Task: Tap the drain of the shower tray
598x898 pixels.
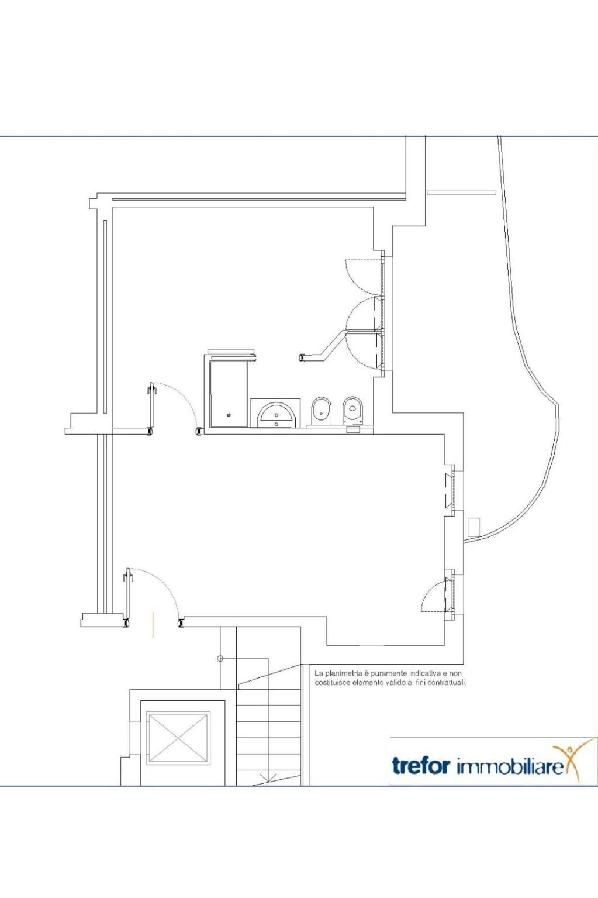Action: tap(229, 415)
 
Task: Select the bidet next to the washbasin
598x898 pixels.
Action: tap(322, 410)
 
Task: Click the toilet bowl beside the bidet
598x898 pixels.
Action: tap(353, 410)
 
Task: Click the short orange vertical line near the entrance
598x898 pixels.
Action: tap(153, 624)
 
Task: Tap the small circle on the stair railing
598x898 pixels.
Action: tap(219, 658)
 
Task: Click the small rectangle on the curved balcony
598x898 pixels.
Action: tap(474, 527)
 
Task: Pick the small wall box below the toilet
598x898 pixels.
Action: tap(353, 430)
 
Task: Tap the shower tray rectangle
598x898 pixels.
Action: tap(229, 394)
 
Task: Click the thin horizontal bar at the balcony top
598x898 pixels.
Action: tap(461, 192)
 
